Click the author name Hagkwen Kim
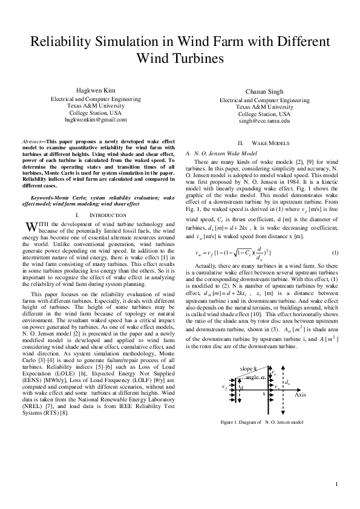click(93, 89)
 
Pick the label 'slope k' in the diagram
click(248, 368)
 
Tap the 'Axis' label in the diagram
click(300, 394)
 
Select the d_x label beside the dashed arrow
click(288, 383)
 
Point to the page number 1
click(336, 485)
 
